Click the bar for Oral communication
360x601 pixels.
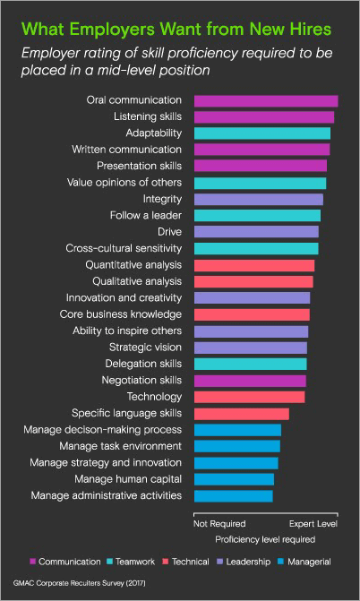(265, 100)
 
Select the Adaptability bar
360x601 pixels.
(261, 133)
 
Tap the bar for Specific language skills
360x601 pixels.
(241, 413)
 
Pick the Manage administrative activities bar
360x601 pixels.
(233, 495)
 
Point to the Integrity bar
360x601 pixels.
(258, 199)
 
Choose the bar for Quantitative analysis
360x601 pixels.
(254, 265)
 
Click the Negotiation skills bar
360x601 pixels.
(250, 381)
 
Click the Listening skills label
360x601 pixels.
(148, 117)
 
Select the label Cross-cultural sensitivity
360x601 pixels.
(124, 248)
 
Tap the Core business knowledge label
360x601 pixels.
(121, 314)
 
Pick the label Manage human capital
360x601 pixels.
(131, 479)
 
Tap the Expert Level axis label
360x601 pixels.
(313, 522)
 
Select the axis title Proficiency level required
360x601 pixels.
(265, 539)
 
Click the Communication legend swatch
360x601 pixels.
(32, 562)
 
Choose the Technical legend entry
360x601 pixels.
(188, 562)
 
